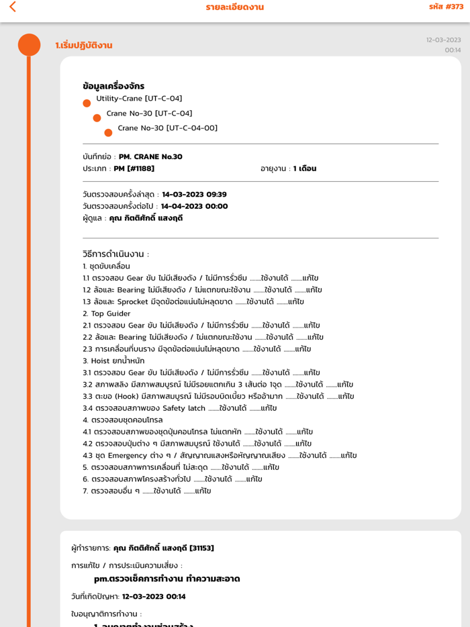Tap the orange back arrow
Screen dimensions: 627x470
(x=12, y=7)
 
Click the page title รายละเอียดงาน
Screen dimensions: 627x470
(x=234, y=7)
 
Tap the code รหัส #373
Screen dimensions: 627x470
(x=446, y=7)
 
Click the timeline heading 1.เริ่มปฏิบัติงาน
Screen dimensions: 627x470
(x=84, y=46)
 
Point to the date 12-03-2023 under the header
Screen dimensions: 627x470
(x=443, y=40)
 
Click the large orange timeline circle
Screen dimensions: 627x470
(x=29, y=45)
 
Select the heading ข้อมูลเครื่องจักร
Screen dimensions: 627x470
(x=113, y=86)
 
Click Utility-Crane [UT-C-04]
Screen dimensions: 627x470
(x=139, y=99)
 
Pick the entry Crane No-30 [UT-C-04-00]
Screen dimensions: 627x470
(x=167, y=128)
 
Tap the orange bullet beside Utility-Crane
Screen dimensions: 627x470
(x=87, y=103)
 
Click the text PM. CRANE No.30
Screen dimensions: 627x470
(x=150, y=157)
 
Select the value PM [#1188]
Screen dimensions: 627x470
(x=134, y=168)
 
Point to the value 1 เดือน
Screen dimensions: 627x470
(x=304, y=168)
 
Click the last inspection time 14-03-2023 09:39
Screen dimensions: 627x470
(x=194, y=195)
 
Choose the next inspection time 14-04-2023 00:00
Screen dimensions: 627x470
(x=194, y=206)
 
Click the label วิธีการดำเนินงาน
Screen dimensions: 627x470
(x=115, y=254)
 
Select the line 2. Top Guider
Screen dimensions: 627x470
(x=107, y=313)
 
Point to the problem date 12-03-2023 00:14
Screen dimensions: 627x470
(x=154, y=597)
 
